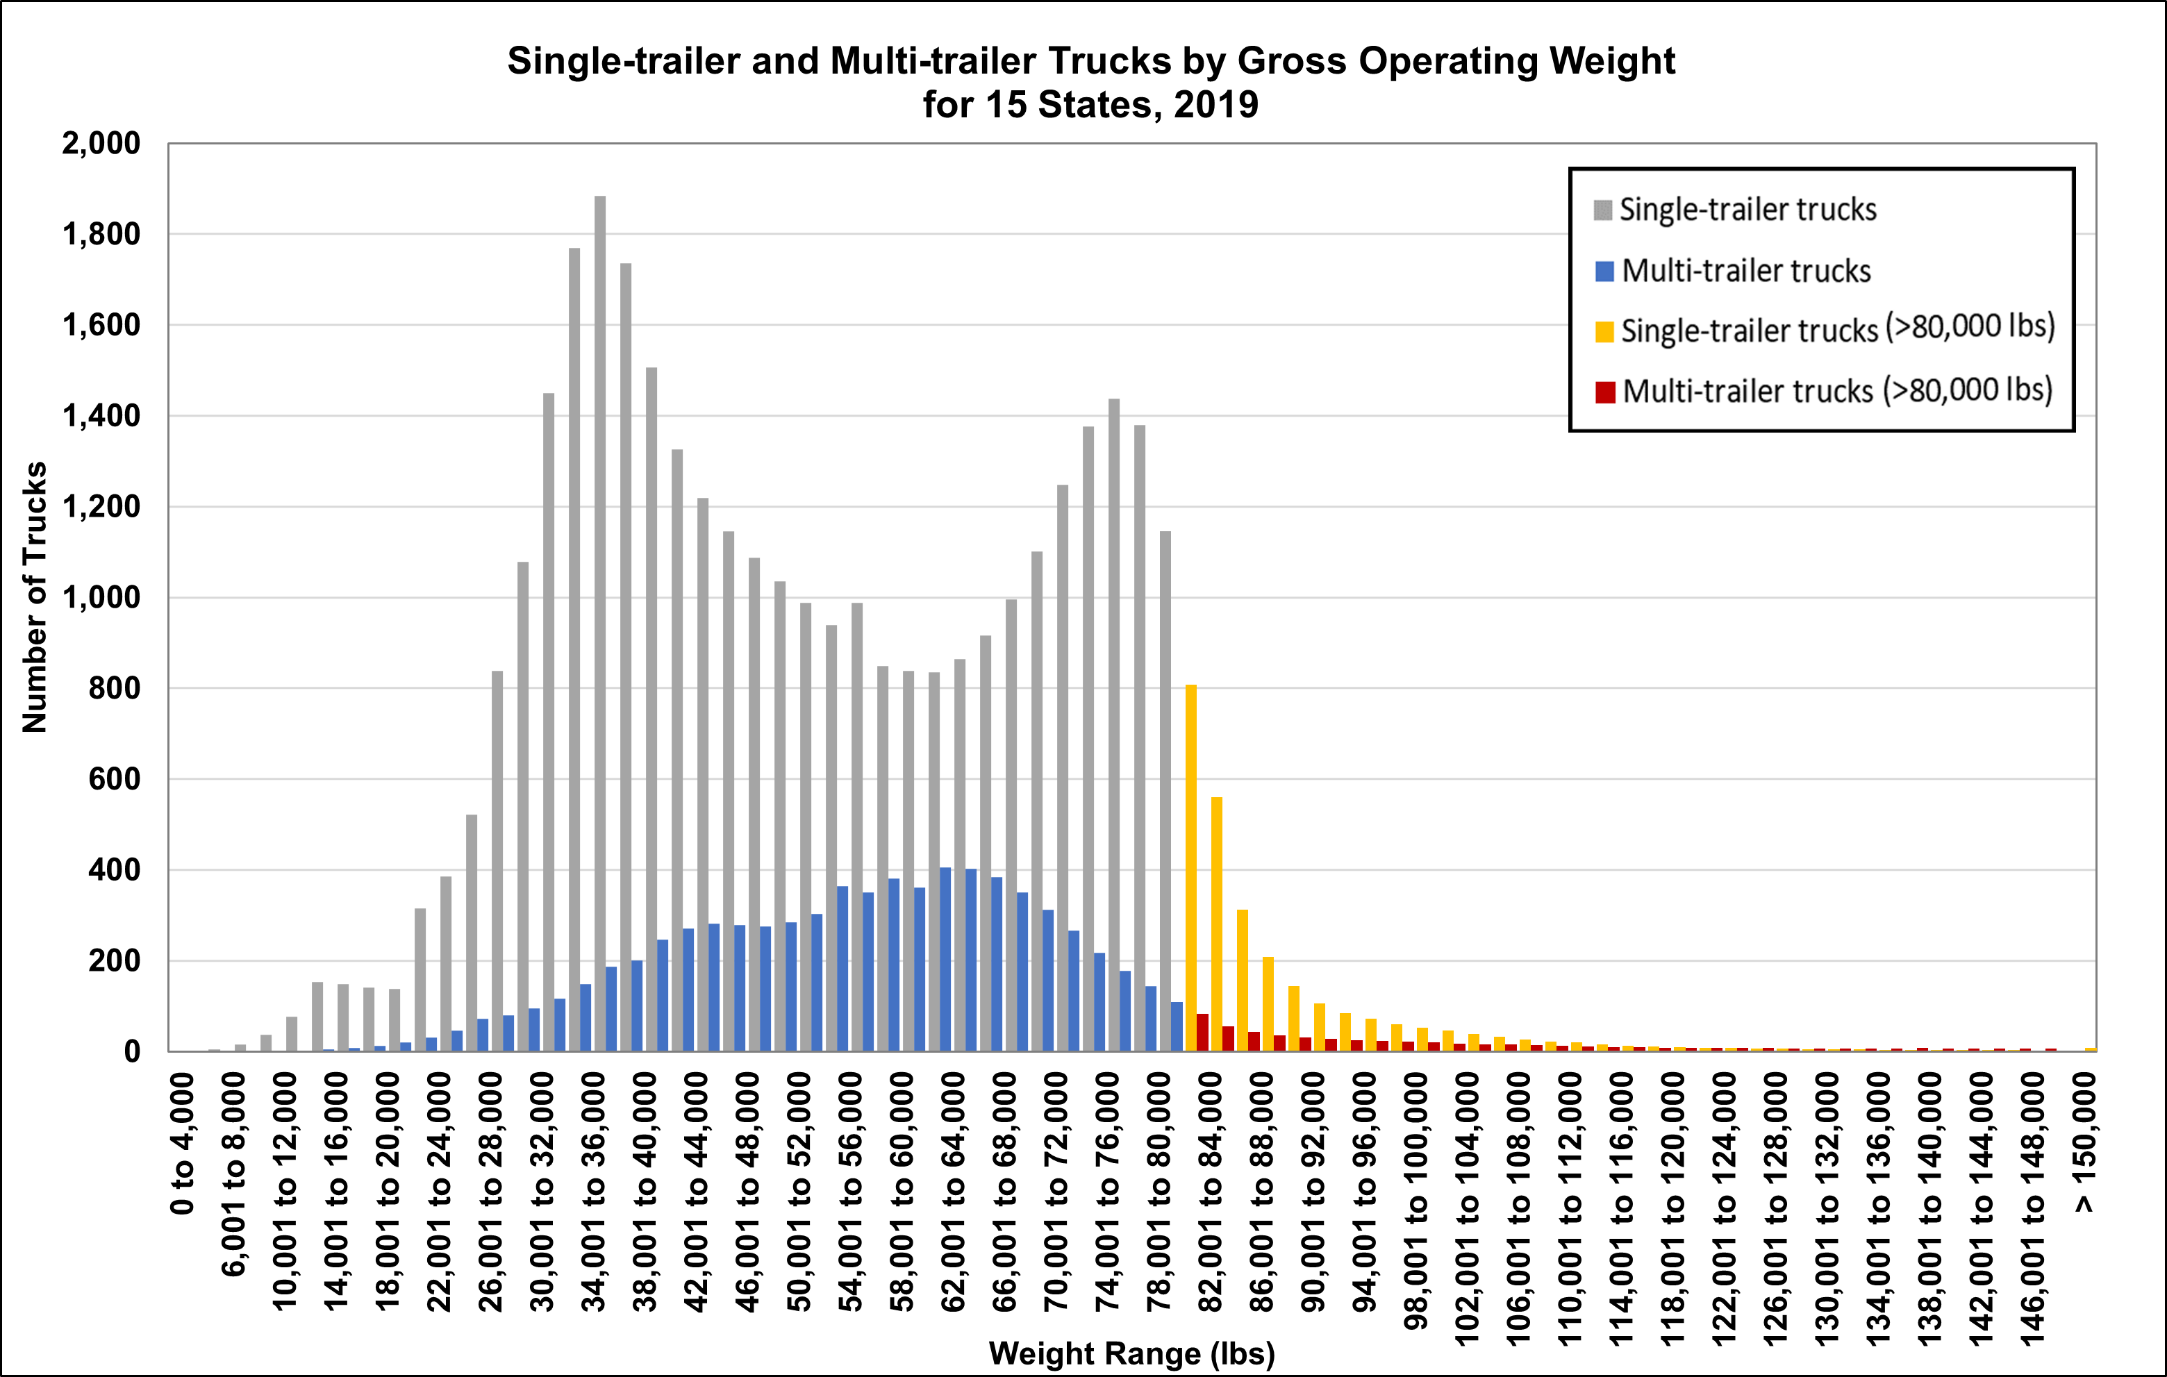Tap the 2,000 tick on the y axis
tap(101, 143)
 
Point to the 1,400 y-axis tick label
tap(101, 416)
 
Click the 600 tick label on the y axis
tap(115, 779)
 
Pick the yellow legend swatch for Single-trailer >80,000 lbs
tap(1604, 331)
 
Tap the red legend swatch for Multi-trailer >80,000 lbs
tap(1604, 392)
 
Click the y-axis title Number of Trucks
tap(34, 598)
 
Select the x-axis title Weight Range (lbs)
tap(1131, 1353)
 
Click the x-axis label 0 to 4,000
tap(182, 1143)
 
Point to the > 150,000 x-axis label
tap(2084, 1143)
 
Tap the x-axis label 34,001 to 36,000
tap(594, 1192)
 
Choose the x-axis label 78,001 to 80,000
tap(1159, 1192)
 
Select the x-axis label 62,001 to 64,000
tap(953, 1192)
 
